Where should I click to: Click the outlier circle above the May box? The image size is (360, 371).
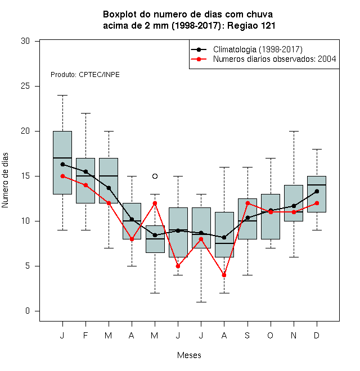click(155, 177)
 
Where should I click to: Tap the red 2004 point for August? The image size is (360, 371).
click(224, 275)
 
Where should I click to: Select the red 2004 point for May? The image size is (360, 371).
click(155, 203)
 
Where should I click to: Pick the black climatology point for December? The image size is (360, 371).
click(317, 192)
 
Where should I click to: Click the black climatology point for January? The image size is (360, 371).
click(62, 165)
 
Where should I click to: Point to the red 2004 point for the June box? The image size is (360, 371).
click(178, 266)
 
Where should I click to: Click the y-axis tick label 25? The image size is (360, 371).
click(25, 86)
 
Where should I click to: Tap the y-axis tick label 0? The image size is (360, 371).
click(28, 311)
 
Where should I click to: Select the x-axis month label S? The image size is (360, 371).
click(247, 335)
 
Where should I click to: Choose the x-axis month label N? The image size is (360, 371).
click(294, 335)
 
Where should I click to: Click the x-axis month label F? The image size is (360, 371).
click(85, 335)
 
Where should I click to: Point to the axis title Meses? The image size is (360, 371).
click(189, 355)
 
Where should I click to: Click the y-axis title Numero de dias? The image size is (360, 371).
click(5, 180)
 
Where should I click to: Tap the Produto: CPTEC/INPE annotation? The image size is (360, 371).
click(85, 75)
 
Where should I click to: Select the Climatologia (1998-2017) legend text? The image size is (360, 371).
click(258, 49)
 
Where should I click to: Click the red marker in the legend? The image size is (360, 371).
click(199, 59)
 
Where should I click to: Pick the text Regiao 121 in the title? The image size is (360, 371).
click(251, 25)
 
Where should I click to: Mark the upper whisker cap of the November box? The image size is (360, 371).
click(294, 131)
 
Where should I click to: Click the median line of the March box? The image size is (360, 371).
click(109, 176)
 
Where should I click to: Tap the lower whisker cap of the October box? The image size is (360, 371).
click(271, 248)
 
